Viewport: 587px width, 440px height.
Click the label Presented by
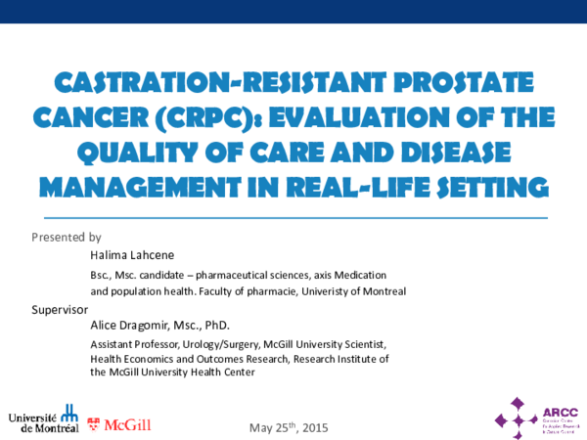[x=66, y=238]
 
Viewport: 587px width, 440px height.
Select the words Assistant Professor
[x=134, y=345]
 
